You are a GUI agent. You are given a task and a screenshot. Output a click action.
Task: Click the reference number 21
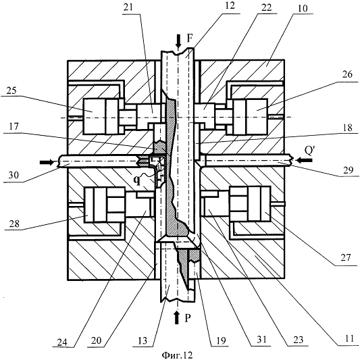(128, 7)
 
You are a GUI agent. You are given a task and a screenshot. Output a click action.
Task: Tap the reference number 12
(230, 5)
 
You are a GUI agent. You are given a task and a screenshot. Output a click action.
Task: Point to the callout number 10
(303, 8)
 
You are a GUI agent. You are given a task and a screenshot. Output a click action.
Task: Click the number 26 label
(347, 74)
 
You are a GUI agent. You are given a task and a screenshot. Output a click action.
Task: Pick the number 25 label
(11, 91)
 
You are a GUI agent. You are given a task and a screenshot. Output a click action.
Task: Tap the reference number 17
(14, 126)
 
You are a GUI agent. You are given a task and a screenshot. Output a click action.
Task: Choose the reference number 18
(347, 128)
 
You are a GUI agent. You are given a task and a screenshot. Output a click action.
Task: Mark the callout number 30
(14, 175)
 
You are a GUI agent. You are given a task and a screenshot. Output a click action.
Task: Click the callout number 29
(349, 170)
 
